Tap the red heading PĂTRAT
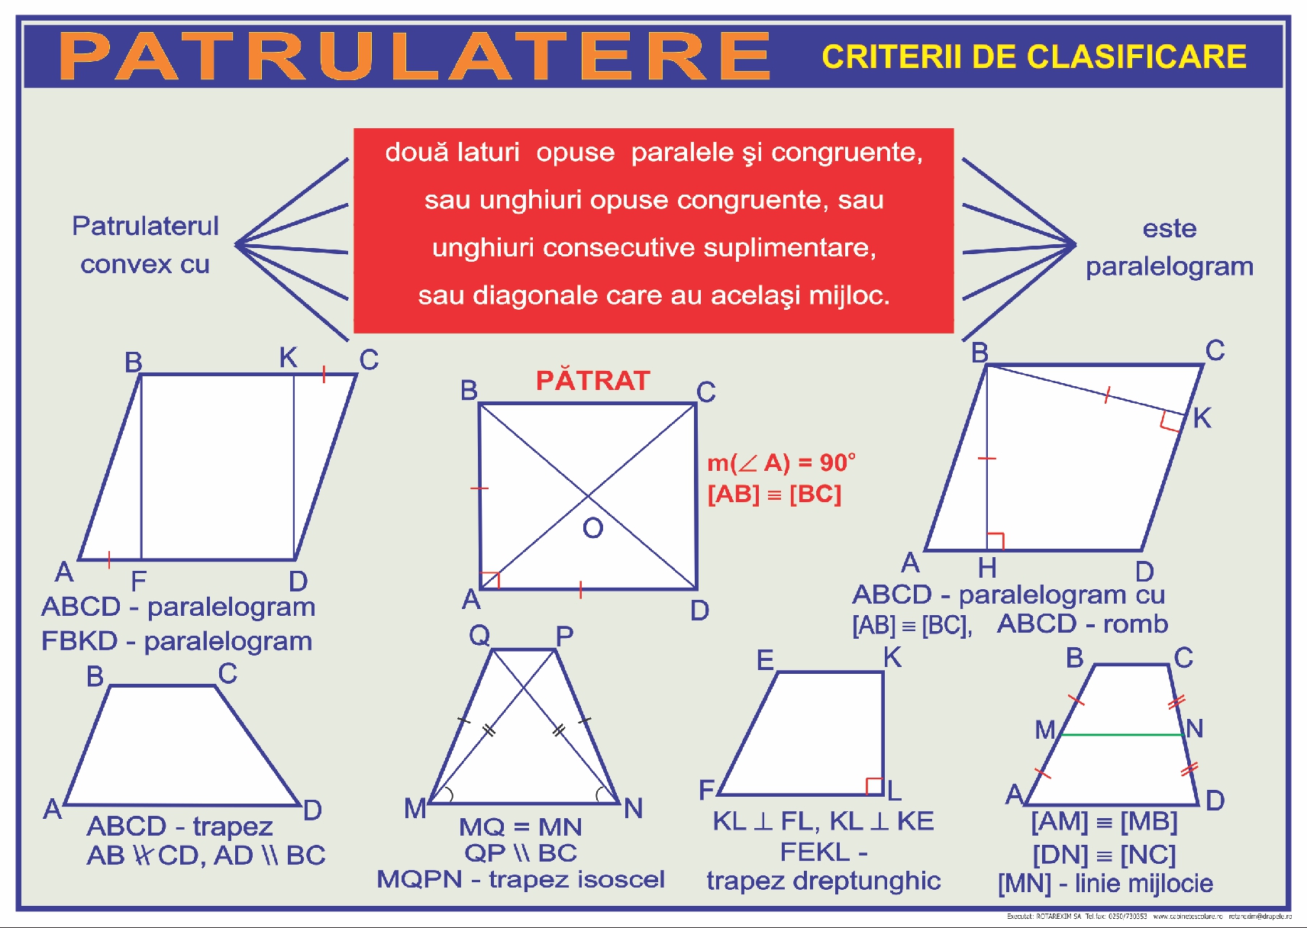pos(592,380)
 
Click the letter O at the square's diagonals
pos(592,528)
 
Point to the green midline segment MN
pos(1122,735)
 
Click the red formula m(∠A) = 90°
pos(780,462)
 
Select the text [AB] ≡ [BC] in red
pos(774,495)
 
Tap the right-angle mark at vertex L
pos(875,786)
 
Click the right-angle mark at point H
pos(995,541)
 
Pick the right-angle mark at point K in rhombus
pos(1170,420)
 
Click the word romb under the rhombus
pos(1135,624)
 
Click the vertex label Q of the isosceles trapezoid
pos(479,635)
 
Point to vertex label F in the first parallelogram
pos(138,582)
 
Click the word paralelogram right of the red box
pos(1169,266)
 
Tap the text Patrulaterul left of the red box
pos(145,226)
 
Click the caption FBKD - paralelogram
pos(176,641)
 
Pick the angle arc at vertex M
pos(447,794)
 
